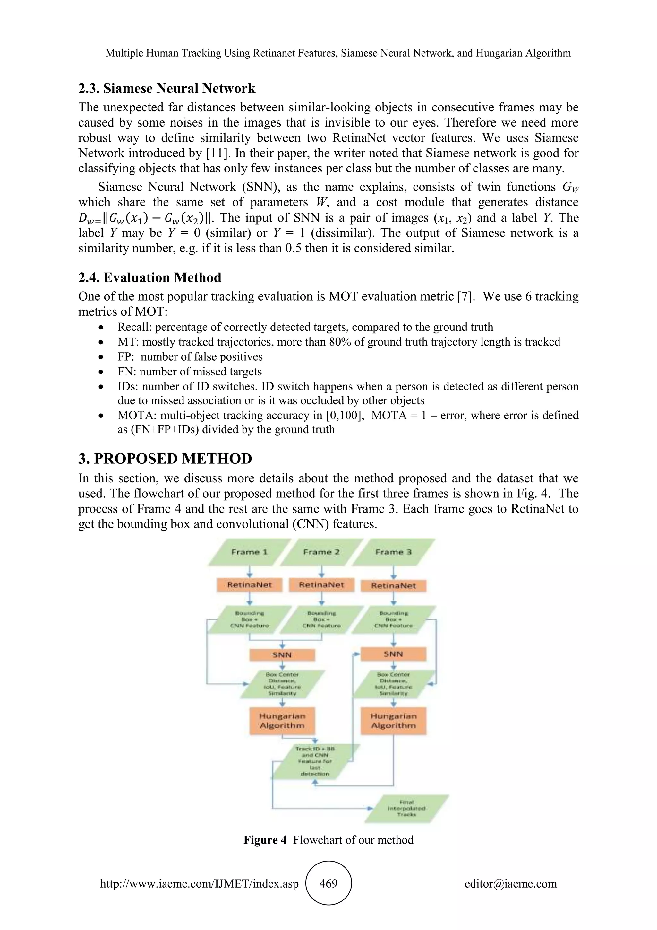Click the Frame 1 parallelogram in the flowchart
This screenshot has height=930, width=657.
249,552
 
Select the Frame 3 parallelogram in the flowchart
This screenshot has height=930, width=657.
393,552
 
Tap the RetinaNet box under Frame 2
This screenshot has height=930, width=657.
322,585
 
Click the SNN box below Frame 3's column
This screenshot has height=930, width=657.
393,654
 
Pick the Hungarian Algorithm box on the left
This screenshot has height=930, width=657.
282,721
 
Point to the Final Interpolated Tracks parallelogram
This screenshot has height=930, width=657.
406,808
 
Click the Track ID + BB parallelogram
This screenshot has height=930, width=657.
315,761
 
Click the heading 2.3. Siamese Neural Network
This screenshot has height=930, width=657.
167,88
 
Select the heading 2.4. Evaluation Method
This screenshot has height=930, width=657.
150,277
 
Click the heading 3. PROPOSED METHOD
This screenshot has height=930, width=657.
165,459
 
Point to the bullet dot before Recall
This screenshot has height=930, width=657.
101,327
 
